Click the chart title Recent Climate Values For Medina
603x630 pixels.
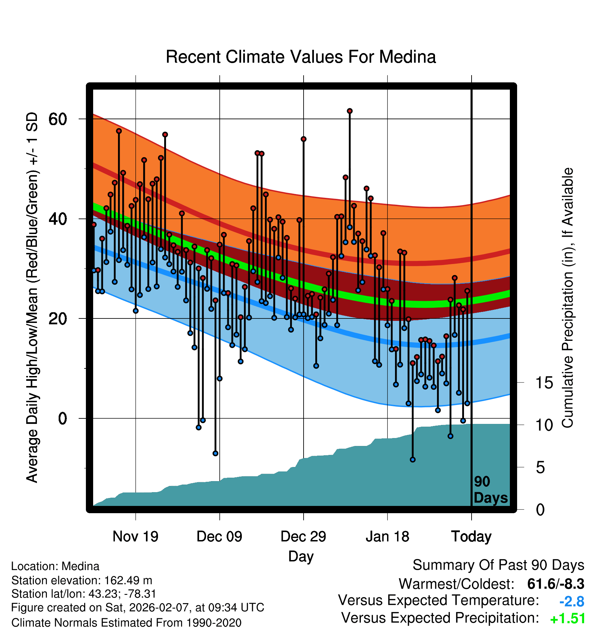pyautogui.click(x=301, y=57)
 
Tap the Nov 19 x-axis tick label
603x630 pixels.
pyautogui.click(x=135, y=537)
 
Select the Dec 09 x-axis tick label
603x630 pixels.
pyautogui.click(x=219, y=537)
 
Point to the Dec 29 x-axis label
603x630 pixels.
pyautogui.click(x=303, y=537)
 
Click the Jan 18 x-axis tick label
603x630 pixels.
pyautogui.click(x=387, y=537)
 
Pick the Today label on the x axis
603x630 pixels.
pyautogui.click(x=471, y=537)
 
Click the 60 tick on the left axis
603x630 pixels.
pyautogui.click(x=58, y=119)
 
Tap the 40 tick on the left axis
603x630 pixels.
pyautogui.click(x=58, y=219)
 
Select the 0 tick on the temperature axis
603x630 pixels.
pyautogui.click(x=62, y=418)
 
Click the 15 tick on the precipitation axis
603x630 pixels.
pyautogui.click(x=544, y=383)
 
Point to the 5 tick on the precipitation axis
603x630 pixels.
pyautogui.click(x=540, y=468)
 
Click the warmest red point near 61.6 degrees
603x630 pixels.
pyautogui.click(x=350, y=111)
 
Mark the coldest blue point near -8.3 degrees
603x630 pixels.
pyautogui.click(x=413, y=459)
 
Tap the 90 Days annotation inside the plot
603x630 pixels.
pyautogui.click(x=491, y=490)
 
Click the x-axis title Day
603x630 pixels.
pyautogui.click(x=301, y=557)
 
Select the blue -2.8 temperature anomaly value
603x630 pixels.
pyautogui.click(x=572, y=602)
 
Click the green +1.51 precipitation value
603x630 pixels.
pyautogui.click(x=567, y=619)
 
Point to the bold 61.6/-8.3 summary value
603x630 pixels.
pyautogui.click(x=556, y=584)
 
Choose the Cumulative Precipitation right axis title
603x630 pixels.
pyautogui.click(x=567, y=298)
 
